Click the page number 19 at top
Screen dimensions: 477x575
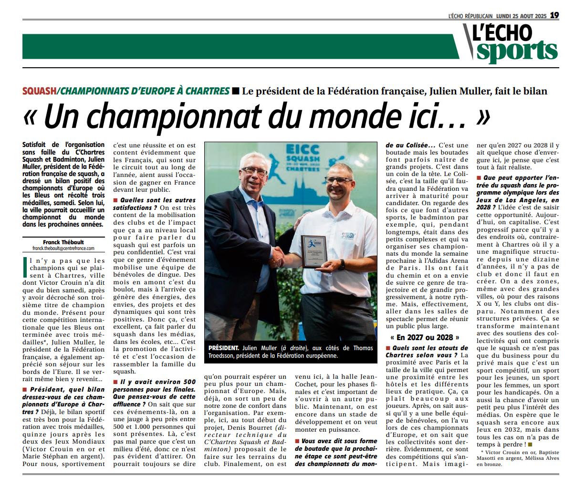(554, 15)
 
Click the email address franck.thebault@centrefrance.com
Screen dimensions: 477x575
(63, 249)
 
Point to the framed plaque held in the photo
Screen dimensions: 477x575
(314, 251)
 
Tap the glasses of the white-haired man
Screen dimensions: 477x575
(254, 170)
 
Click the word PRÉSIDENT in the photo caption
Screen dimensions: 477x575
(224, 348)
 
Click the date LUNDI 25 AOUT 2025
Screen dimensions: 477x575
(521, 16)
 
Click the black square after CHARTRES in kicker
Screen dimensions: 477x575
(235, 91)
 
